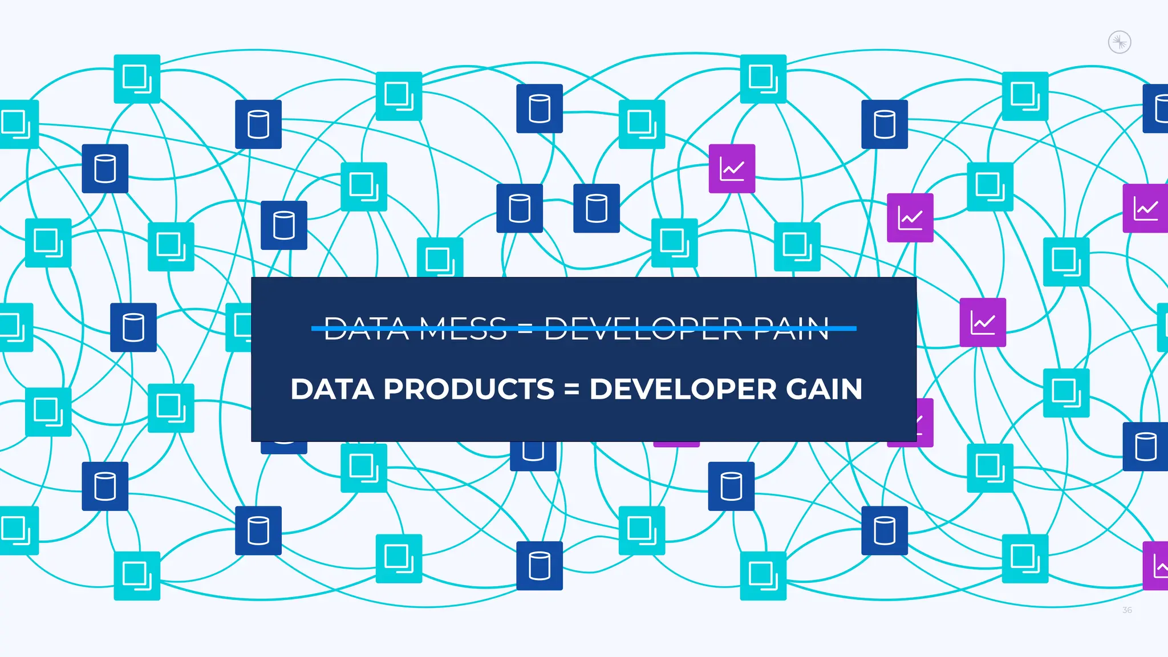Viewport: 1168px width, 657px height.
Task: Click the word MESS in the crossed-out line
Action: [463, 329]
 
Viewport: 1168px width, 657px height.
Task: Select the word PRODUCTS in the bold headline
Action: [469, 390]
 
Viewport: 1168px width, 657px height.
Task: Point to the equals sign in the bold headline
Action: [571, 390]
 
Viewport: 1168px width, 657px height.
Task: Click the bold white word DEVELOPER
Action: [683, 390]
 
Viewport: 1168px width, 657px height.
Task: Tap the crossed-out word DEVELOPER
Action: [643, 329]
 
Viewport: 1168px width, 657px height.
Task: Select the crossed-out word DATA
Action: [367, 329]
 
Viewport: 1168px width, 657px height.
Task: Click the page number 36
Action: [1127, 610]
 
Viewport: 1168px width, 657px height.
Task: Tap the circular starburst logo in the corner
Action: [1120, 42]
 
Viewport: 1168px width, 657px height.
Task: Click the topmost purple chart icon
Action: [732, 169]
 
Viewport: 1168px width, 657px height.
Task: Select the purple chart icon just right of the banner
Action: [983, 322]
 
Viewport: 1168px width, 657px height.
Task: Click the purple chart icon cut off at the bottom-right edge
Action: [1156, 566]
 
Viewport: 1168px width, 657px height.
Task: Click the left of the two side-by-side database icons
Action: [520, 208]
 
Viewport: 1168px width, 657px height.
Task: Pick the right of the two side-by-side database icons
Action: [597, 208]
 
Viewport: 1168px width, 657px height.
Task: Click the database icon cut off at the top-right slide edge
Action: [1157, 108]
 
